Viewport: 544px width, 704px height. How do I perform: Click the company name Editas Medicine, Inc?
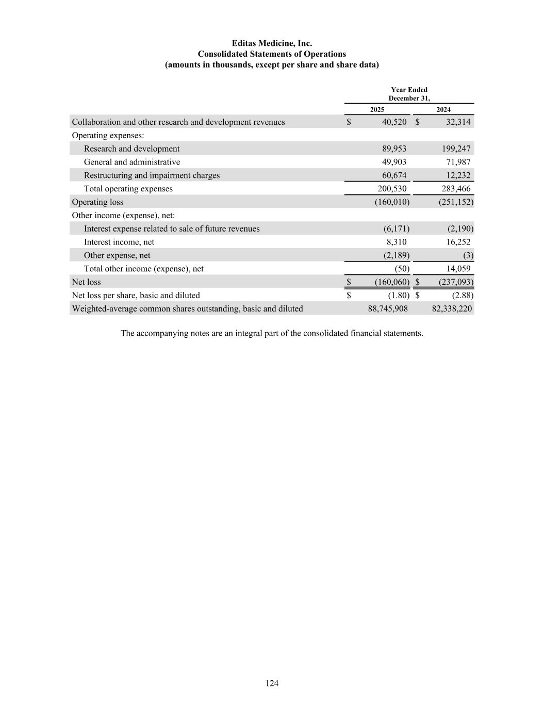pos(272,43)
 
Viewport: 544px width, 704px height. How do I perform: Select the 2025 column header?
pos(377,109)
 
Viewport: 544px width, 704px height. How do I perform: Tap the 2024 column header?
pos(443,109)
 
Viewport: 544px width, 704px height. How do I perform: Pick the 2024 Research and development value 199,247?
pos(456,149)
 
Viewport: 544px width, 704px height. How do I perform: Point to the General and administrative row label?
pos(132,162)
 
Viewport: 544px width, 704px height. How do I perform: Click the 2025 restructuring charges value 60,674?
pos(394,176)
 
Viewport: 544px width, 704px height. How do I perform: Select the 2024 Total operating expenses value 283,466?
pos(456,189)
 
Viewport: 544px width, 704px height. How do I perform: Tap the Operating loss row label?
pos(97,202)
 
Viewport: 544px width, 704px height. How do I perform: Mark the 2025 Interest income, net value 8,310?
pos(396,242)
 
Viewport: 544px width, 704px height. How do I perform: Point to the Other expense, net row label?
pos(117,256)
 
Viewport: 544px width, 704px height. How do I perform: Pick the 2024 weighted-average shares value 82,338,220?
pos(451,309)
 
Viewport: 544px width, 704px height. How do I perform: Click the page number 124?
pos(272,683)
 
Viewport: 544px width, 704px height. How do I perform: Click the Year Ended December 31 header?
pos(409,94)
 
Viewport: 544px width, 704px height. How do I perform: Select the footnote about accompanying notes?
pos(272,334)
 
